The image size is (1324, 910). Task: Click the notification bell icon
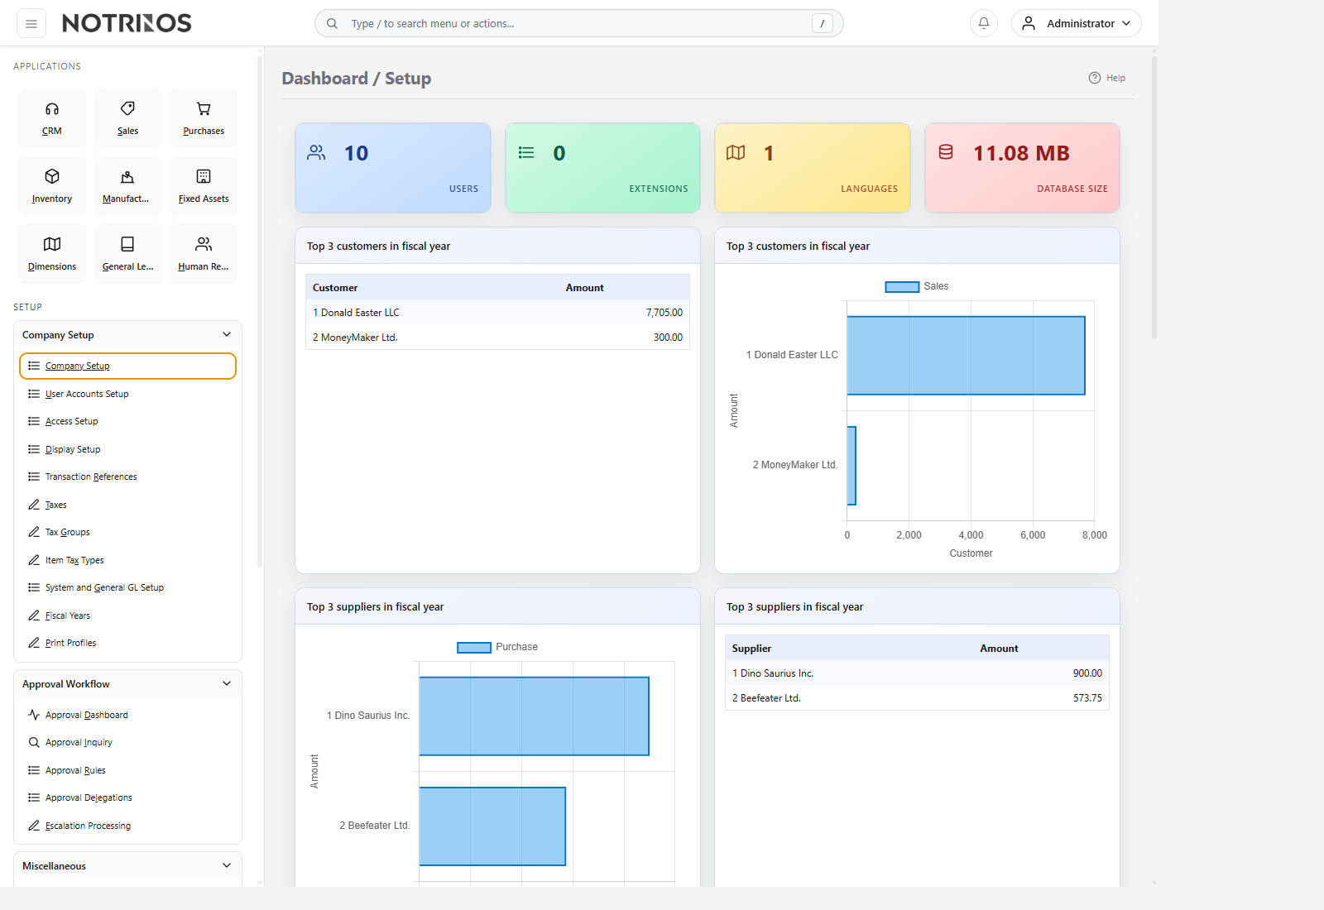tap(984, 23)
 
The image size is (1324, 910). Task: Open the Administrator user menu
tap(1076, 23)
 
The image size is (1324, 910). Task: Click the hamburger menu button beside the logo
tap(31, 24)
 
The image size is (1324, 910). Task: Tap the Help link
tap(1107, 78)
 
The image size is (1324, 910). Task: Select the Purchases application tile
tap(204, 118)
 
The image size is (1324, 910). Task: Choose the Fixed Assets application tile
tap(204, 186)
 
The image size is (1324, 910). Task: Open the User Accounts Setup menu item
tap(87, 394)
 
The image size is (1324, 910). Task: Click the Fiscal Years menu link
tap(68, 615)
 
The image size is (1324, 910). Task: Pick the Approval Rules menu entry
tap(75, 770)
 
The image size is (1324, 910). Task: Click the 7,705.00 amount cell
tap(664, 313)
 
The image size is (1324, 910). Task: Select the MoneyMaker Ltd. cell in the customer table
tap(355, 338)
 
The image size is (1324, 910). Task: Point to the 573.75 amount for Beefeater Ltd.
tap(1087, 698)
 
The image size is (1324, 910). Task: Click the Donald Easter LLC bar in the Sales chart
tap(966, 355)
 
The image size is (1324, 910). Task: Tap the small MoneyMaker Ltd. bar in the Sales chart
tap(851, 466)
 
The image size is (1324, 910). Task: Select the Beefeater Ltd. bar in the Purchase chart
tap(492, 826)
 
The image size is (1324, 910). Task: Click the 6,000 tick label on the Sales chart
tap(1033, 534)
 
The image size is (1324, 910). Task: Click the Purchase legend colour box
tap(474, 648)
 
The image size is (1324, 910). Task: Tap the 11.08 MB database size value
tap(1021, 153)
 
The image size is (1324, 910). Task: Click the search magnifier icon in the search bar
tap(332, 24)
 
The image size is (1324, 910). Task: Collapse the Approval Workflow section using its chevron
tap(227, 683)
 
